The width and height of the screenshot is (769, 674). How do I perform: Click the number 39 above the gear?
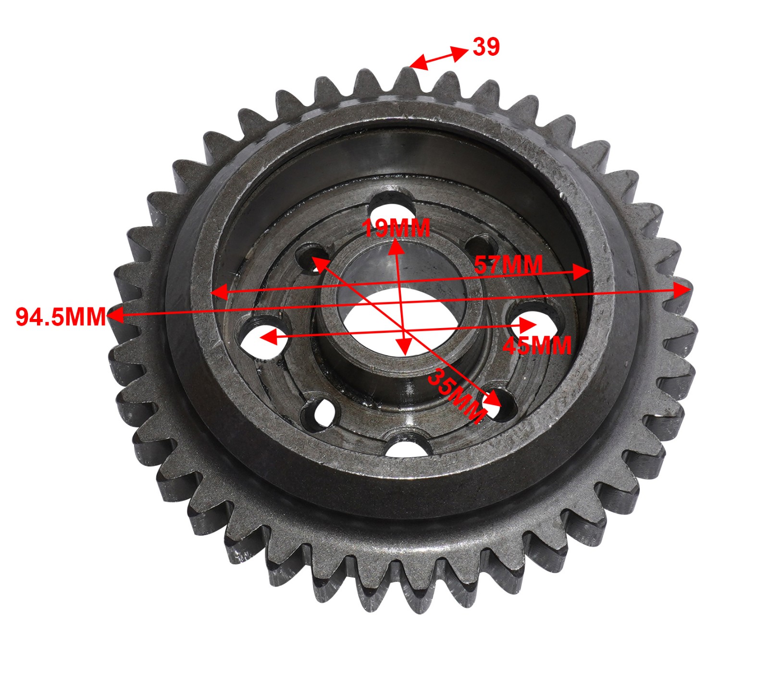point(486,47)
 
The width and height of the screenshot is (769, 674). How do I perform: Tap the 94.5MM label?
point(61,317)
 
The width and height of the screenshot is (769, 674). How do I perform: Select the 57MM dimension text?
point(508,265)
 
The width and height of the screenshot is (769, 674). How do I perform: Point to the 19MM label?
point(396,228)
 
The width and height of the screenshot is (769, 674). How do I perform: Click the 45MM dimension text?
point(537,345)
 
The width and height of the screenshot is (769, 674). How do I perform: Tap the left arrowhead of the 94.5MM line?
point(114,316)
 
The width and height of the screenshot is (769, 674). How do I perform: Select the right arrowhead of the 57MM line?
point(583,272)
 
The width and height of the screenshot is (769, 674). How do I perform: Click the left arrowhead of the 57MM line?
point(219,292)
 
